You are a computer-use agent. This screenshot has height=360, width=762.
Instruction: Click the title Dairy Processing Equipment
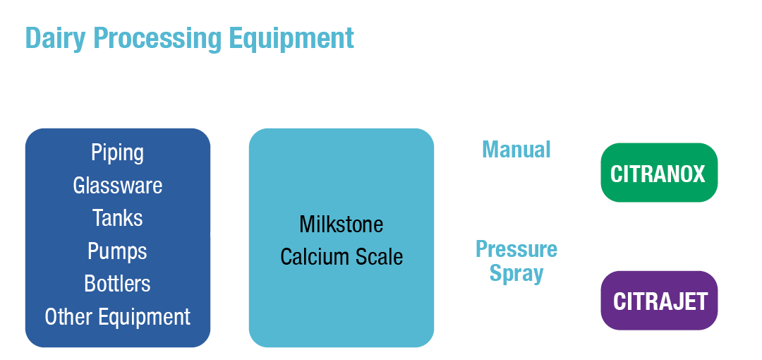(x=189, y=38)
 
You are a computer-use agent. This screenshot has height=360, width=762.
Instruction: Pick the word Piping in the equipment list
(x=117, y=152)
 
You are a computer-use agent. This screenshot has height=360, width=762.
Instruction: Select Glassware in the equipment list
(x=117, y=186)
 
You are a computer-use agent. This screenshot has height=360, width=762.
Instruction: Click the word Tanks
(x=117, y=218)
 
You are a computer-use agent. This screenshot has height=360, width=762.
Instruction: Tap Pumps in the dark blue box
(x=117, y=251)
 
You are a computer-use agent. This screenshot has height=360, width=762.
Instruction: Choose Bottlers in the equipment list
(x=117, y=284)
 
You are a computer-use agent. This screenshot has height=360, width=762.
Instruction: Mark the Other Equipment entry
(x=117, y=317)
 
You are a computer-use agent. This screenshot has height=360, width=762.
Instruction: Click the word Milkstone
(x=341, y=224)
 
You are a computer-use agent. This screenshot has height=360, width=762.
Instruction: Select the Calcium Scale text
(x=341, y=257)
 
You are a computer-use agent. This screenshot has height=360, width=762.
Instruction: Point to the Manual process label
(x=516, y=150)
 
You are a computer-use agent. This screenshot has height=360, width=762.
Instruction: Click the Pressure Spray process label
(x=516, y=261)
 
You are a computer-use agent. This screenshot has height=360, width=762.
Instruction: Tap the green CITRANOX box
(x=658, y=173)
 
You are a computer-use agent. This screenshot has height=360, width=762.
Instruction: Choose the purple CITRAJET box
(x=660, y=301)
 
